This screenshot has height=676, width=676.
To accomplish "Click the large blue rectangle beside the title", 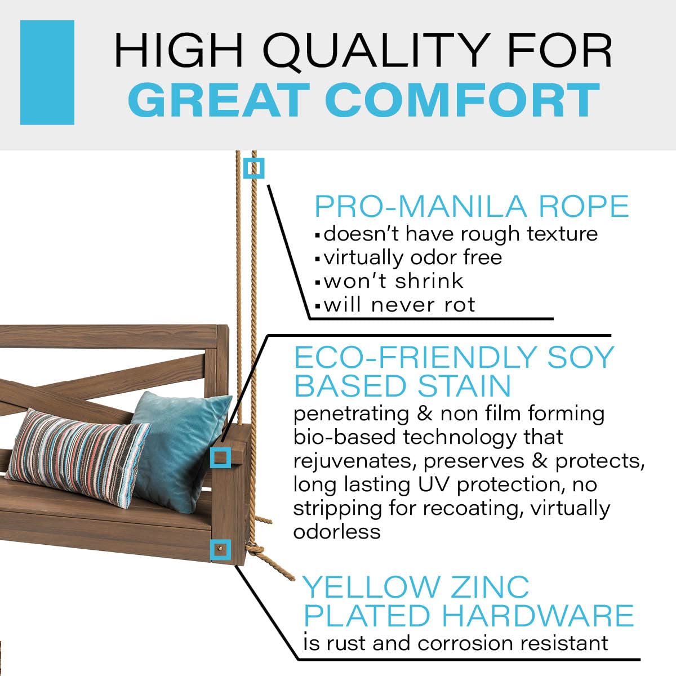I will tap(47, 72).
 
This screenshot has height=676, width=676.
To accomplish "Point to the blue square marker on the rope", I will tap(253, 168).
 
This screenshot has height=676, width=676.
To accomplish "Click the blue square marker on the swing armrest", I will tap(220, 457).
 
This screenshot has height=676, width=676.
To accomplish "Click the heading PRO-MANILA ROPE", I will tap(471, 206).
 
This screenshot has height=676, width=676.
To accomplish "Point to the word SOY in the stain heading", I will tap(585, 357).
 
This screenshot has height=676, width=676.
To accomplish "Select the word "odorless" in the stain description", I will tap(336, 531).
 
